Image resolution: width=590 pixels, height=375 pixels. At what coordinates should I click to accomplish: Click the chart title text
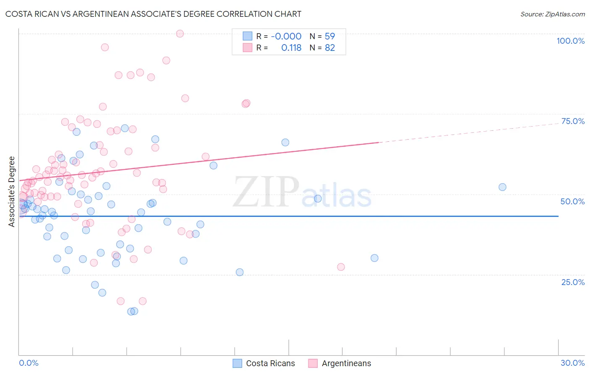tap(153, 14)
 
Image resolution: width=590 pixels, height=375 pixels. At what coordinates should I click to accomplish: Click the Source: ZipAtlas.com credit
tap(552, 14)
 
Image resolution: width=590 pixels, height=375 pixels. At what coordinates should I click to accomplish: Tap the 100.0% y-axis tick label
tap(570, 41)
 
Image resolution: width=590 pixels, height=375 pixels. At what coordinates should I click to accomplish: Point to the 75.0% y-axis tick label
tap(573, 121)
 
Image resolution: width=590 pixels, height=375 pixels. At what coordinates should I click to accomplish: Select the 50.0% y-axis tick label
tap(572, 201)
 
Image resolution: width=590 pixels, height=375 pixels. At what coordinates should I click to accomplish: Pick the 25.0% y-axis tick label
tap(573, 282)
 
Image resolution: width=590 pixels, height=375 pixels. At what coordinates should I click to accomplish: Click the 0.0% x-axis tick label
tap(29, 363)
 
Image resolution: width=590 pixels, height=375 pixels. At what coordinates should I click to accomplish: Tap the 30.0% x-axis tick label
tap(572, 363)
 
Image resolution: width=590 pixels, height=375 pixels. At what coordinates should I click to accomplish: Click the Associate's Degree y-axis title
tap(12, 192)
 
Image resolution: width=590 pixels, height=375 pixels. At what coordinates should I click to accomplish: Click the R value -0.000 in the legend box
tap(286, 36)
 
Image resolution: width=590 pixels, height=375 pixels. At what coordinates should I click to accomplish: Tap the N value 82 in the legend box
tap(330, 48)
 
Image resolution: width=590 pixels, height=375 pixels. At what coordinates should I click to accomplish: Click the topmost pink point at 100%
tap(180, 34)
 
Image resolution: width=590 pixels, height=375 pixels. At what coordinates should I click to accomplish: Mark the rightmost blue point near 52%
tap(502, 187)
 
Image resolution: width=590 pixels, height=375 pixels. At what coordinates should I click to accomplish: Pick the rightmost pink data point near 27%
tap(341, 267)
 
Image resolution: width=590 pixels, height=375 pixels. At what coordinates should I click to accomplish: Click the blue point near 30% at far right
tap(374, 258)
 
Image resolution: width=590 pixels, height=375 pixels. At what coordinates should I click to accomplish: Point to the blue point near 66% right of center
tap(285, 143)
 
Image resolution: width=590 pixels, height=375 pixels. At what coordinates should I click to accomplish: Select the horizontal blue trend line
tap(294, 216)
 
